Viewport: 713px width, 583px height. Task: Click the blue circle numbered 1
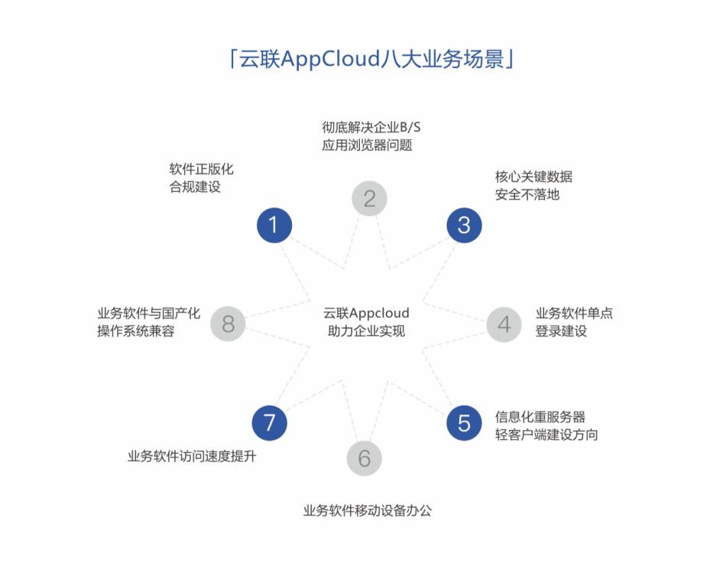274,225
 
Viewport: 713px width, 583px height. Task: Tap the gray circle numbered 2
369,199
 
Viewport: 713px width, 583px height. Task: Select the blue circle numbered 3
464,225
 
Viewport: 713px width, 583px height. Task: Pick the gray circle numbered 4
504,324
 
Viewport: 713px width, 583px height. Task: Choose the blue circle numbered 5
464,422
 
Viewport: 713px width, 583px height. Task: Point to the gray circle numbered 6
364,458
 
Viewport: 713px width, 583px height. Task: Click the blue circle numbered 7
269,422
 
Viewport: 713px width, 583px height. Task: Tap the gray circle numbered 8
228,324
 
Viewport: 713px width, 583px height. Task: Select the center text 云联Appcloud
366,313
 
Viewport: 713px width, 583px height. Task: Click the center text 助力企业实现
366,331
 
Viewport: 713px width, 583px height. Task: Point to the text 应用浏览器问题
368,145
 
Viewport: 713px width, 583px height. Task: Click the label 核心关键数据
533,177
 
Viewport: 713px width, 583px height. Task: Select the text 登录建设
561,331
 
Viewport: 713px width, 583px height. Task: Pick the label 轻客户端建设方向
546,435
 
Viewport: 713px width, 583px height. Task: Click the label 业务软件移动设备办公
368,510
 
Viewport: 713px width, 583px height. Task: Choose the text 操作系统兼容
136,331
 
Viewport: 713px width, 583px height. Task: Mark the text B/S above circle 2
410,126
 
